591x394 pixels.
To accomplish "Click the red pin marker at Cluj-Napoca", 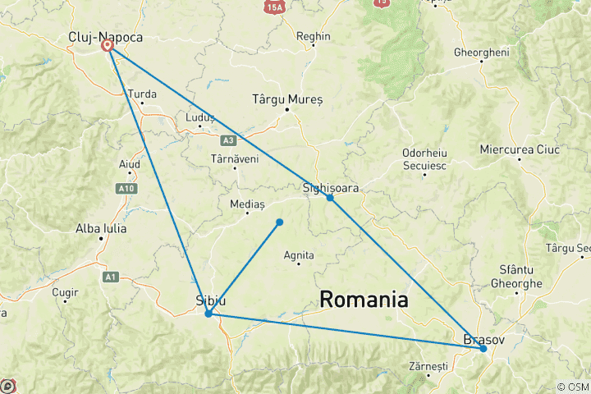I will pyautogui.click(x=107, y=46).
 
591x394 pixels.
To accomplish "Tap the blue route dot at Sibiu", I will pyautogui.click(x=208, y=314).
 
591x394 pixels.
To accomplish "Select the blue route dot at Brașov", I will pyautogui.click(x=483, y=349).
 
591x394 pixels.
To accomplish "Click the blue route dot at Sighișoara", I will pyautogui.click(x=330, y=198).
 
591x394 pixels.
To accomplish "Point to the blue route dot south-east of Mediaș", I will pyautogui.click(x=280, y=222).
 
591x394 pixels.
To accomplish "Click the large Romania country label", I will pyautogui.click(x=364, y=300).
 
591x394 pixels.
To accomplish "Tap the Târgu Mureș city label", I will pyautogui.click(x=287, y=99).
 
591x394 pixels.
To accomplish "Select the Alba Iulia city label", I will pyautogui.click(x=101, y=228).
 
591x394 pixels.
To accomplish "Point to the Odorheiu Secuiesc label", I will pyautogui.click(x=424, y=159).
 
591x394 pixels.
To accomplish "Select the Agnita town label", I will pyautogui.click(x=299, y=256).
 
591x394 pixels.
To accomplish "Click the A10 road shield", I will pyautogui.click(x=126, y=189).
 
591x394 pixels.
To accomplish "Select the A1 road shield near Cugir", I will pyautogui.click(x=111, y=277).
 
